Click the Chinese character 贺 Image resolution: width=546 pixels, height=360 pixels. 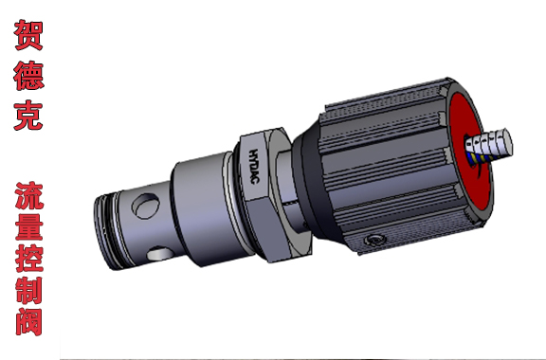click(x=28, y=35)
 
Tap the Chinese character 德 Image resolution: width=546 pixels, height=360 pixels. click(x=28, y=76)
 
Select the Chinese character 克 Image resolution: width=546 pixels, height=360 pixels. click(x=28, y=116)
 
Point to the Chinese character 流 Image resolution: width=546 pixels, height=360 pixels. click(x=29, y=195)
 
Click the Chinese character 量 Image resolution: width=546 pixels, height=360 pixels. click(x=29, y=226)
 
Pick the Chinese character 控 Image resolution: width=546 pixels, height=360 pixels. click(x=29, y=258)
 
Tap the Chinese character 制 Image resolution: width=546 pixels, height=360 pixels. click(x=29, y=290)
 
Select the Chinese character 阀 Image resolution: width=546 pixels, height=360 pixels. click(x=29, y=321)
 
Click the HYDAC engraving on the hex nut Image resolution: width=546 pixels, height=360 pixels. click(x=254, y=167)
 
